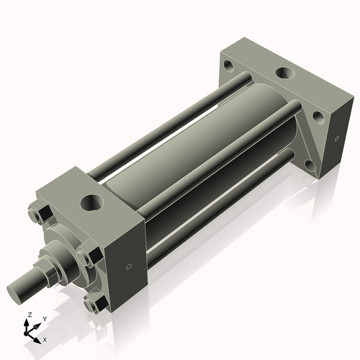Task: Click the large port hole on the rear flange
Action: tap(282, 74)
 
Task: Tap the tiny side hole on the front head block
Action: tap(128, 267)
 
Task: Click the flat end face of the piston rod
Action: tap(19, 292)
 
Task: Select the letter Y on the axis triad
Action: tap(44, 318)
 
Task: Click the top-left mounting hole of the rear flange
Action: tap(228, 66)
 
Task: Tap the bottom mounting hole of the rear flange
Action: tap(310, 165)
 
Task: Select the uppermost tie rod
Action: tap(166, 122)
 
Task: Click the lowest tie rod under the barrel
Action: tap(216, 205)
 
